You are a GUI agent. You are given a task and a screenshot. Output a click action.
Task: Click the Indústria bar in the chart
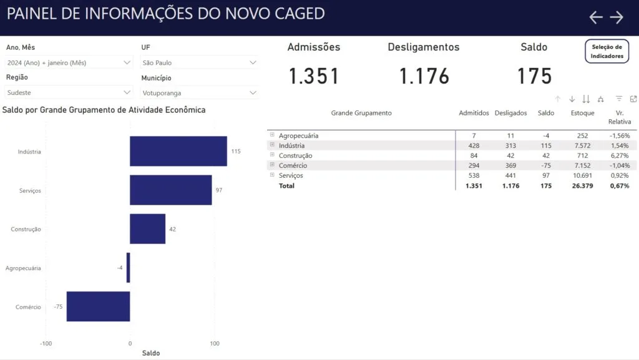[178, 151]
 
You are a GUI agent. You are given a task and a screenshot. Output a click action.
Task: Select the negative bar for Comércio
[98, 306]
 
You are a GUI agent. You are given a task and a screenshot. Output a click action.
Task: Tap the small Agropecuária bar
[129, 268]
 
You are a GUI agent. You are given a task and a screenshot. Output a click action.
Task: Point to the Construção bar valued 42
[147, 229]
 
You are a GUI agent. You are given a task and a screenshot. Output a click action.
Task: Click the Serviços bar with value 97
[171, 190]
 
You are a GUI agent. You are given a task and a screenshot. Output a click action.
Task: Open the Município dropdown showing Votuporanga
[199, 93]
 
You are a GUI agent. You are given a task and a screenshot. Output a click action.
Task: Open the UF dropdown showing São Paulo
[199, 63]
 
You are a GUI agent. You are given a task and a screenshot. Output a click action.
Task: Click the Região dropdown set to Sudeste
[69, 92]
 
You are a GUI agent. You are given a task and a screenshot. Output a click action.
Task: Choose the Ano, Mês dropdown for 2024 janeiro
[69, 63]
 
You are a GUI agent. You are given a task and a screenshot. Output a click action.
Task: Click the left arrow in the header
[596, 17]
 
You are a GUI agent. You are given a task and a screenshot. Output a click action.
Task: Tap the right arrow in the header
[617, 17]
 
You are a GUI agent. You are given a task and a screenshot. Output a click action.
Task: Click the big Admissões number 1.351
[314, 76]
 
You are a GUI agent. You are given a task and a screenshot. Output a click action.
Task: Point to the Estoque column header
[582, 113]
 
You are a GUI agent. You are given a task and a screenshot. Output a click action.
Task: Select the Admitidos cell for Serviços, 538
[474, 175]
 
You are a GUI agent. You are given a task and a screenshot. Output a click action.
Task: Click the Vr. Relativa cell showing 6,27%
[620, 155]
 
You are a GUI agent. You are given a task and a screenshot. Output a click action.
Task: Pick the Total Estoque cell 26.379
[582, 186]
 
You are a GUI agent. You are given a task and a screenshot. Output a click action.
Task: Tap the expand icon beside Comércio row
[272, 165]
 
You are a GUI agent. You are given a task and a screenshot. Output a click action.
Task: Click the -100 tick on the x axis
[46, 343]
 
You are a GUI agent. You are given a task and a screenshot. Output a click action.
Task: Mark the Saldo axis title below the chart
[151, 353]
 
